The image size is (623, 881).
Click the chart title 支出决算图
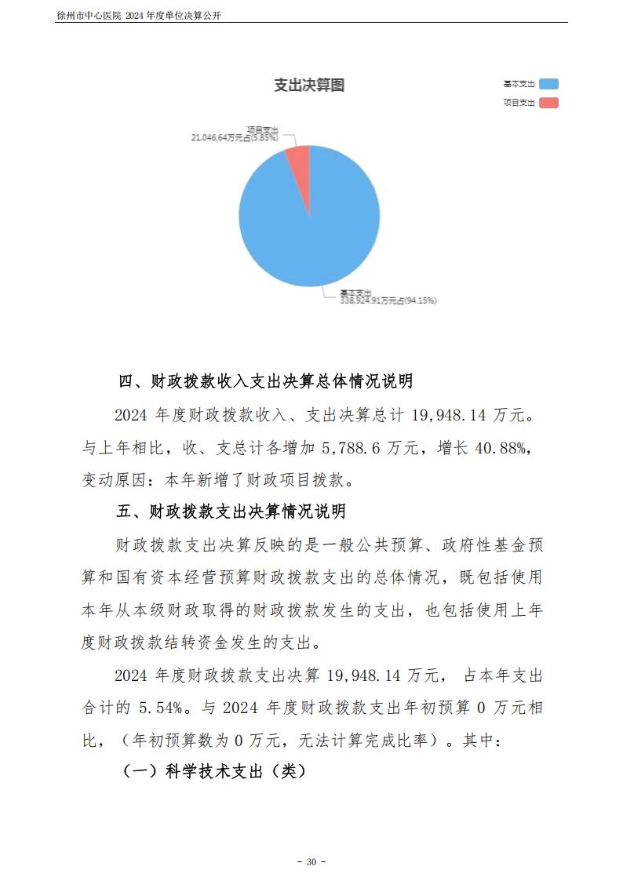pyautogui.click(x=309, y=86)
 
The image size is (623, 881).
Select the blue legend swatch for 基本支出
pyautogui.click(x=548, y=84)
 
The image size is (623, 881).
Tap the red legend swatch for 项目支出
pyautogui.click(x=548, y=103)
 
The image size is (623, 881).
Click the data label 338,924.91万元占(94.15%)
pyautogui.click(x=388, y=300)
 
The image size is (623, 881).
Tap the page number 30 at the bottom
pyautogui.click(x=311, y=861)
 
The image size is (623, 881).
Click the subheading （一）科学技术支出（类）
pyautogui.click(x=213, y=771)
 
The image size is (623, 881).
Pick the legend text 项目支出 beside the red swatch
pyautogui.click(x=519, y=103)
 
